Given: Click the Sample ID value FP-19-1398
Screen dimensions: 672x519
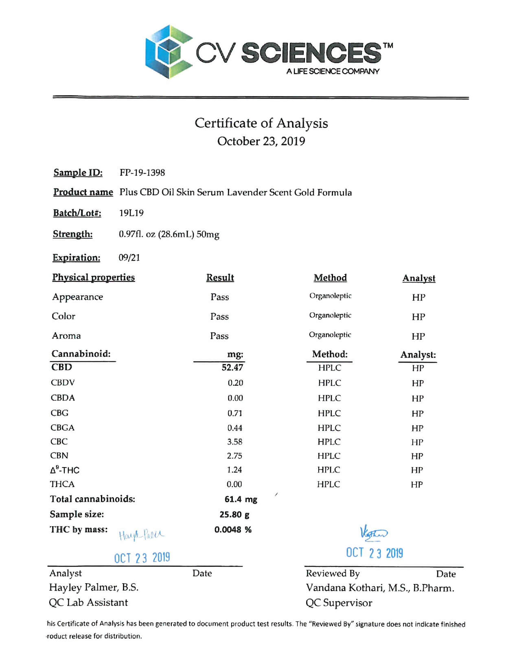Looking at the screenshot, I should pos(142,173).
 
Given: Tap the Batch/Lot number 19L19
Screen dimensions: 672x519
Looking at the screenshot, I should pos(131,213).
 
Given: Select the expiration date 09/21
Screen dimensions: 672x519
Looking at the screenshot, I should pos(129,257).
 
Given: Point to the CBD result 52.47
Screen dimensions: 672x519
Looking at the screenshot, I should pos(232,367).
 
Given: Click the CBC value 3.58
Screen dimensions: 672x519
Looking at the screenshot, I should pos(234,442).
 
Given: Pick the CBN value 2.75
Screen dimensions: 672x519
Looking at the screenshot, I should pos(234,456).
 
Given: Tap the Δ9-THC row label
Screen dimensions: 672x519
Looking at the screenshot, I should pos(65,470).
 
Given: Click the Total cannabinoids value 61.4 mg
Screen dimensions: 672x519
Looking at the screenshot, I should pos(241,499).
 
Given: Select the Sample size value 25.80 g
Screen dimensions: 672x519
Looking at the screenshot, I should pos(234,514).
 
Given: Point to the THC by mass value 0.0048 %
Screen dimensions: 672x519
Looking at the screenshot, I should pos(233,530).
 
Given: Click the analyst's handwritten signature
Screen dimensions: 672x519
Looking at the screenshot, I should pos(141,534).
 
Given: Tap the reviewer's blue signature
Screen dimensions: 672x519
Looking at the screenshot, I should pos(374,533).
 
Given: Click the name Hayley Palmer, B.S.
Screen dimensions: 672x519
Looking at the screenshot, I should pos(94,587).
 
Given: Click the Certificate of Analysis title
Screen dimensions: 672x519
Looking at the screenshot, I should pos(261,123).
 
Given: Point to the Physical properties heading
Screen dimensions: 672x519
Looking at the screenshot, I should pos(93,277).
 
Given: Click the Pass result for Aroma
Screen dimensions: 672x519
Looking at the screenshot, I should pos(219,336).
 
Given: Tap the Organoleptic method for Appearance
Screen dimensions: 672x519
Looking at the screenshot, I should pos(330,296).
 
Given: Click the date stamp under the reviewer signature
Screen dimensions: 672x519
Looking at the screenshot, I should pos(374,553).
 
